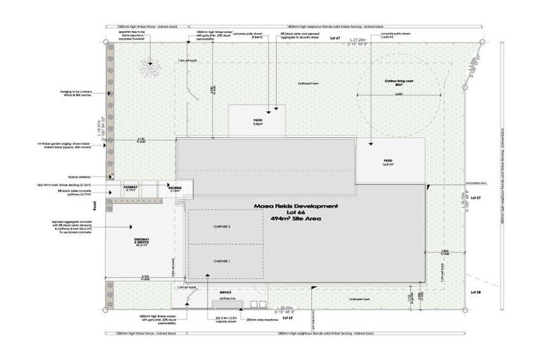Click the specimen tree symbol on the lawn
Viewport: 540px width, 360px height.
tap(149, 67)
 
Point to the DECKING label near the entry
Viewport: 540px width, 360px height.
tap(174, 188)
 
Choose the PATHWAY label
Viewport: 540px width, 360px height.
tap(131, 188)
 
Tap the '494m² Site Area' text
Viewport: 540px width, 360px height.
tap(295, 219)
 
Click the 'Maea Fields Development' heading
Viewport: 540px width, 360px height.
tap(295, 206)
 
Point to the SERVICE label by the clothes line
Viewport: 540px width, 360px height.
tap(225, 292)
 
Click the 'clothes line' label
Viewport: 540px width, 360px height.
tap(226, 298)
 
